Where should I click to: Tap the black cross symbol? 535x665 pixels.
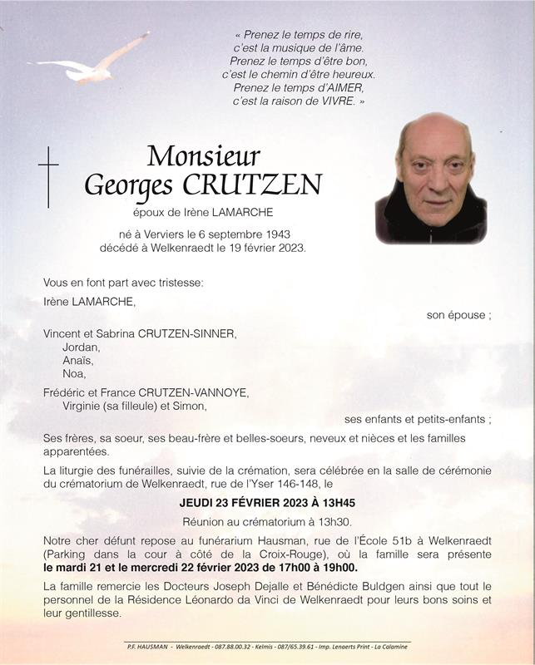[x=48, y=176]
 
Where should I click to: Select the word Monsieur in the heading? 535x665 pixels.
[x=203, y=155]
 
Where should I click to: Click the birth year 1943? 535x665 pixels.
[x=275, y=234]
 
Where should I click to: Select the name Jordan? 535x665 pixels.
[x=81, y=347]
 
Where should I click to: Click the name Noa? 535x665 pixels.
[x=73, y=373]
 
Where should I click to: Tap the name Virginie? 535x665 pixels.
[x=85, y=406]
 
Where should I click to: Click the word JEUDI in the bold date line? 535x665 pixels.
[x=196, y=503]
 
